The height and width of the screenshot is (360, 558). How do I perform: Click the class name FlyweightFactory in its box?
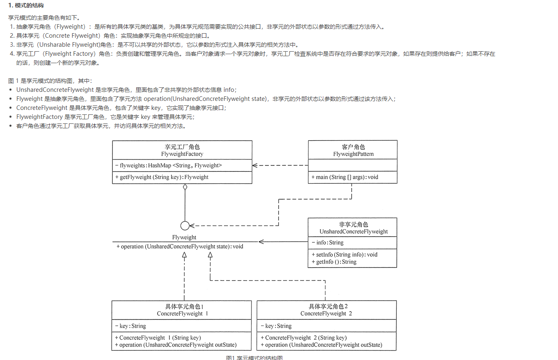[x=182, y=154]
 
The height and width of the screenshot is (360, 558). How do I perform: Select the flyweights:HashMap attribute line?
[x=169, y=165]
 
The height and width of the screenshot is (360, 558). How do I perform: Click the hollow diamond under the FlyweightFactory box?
[x=185, y=187]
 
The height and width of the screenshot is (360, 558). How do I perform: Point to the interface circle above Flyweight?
[x=185, y=226]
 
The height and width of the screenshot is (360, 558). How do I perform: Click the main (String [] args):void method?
[x=345, y=177]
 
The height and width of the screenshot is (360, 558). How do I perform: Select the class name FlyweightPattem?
[x=353, y=154]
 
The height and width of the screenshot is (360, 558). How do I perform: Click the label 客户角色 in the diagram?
[x=353, y=147]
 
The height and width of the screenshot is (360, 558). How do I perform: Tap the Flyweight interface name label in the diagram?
[x=184, y=237]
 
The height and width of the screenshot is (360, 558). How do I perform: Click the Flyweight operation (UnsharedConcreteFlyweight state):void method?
[x=180, y=246]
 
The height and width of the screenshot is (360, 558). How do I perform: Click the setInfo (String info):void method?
[x=344, y=255]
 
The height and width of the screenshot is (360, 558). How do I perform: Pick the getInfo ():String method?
[x=334, y=262]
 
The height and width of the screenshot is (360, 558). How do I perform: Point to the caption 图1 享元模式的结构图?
[x=254, y=358]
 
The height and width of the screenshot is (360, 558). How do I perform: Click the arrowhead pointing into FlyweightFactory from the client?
[x=255, y=165]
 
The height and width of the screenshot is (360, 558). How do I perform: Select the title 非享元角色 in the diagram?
[x=353, y=225]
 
